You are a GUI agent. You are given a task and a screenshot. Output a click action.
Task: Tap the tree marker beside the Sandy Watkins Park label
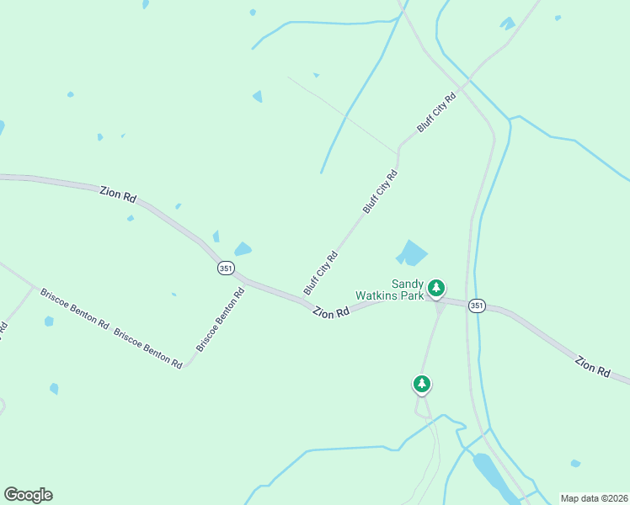436,289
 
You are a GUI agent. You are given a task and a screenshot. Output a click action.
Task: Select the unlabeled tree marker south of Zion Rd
422,385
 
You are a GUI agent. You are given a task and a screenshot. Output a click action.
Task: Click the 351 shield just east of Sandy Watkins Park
478,305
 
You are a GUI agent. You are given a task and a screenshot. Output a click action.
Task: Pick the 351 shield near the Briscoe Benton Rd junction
225,268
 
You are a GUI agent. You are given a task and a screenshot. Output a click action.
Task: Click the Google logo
28,495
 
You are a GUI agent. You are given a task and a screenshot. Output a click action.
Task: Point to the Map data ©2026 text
593,498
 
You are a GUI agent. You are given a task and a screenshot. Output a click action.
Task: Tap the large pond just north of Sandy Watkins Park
413,252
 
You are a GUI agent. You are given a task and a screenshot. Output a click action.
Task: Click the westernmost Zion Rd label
118,194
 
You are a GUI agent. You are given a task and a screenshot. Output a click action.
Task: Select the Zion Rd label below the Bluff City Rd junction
331,312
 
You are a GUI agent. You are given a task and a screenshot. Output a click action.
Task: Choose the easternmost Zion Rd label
592,366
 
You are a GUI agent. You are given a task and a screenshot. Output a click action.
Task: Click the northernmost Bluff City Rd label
436,112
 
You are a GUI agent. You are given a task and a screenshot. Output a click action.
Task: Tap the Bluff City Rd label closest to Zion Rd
320,271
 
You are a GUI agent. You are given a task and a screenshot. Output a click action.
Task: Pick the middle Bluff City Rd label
380,191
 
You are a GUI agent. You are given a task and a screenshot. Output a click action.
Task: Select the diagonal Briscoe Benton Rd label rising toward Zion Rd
221,320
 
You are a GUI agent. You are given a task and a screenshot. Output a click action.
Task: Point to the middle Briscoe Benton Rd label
148,348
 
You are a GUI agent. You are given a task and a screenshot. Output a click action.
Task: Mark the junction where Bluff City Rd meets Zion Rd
305,299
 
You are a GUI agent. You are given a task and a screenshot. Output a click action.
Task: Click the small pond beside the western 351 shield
243,249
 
